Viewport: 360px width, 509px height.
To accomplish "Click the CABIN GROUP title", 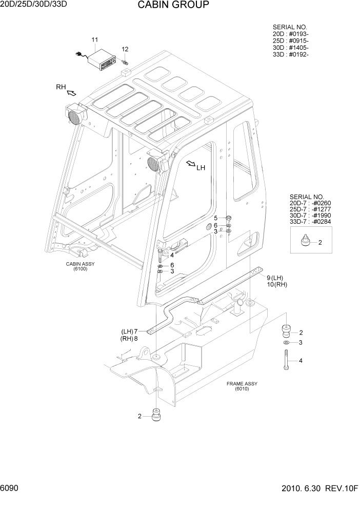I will (x=173, y=6).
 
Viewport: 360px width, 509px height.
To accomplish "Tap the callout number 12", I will (x=125, y=49).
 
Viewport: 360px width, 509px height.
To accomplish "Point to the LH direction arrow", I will (x=191, y=164).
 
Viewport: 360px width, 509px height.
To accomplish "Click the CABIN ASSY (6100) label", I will (x=80, y=266).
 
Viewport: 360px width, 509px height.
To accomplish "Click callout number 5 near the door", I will (x=216, y=218).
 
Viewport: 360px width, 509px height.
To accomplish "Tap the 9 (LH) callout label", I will (x=275, y=278).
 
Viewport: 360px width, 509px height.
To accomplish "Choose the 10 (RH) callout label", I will (x=277, y=284).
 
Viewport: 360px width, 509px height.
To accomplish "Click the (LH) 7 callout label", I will (x=129, y=331).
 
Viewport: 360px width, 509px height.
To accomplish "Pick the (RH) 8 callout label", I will (x=129, y=339).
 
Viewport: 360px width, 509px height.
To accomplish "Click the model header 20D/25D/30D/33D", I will (x=34, y=4).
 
